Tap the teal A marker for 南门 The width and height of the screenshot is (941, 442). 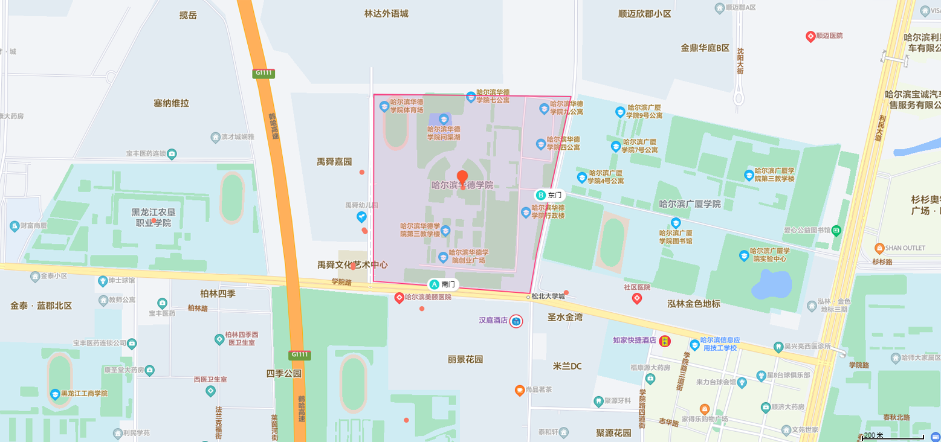point(434,284)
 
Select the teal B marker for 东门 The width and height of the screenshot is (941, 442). point(541,195)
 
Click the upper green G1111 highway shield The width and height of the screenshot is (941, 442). point(264,73)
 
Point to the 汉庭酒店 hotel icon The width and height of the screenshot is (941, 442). point(516,321)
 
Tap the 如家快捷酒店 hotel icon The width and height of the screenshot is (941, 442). point(665,341)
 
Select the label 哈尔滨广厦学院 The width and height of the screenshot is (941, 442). point(690,204)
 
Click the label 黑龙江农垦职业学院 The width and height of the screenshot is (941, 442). point(154,217)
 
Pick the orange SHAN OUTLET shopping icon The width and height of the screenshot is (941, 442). point(879,248)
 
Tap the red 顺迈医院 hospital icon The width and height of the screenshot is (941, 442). point(810,36)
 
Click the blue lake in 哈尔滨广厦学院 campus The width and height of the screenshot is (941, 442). point(770,283)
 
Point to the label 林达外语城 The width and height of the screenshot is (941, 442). point(386,13)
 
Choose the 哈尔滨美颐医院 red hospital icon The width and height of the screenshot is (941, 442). point(399,298)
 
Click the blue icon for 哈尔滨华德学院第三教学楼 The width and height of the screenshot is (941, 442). point(445,231)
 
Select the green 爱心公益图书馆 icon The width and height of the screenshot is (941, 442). point(836,230)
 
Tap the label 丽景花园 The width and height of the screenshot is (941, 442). point(465,359)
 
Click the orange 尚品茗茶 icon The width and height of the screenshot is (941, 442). point(519,390)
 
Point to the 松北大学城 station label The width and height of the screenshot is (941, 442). point(548,296)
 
